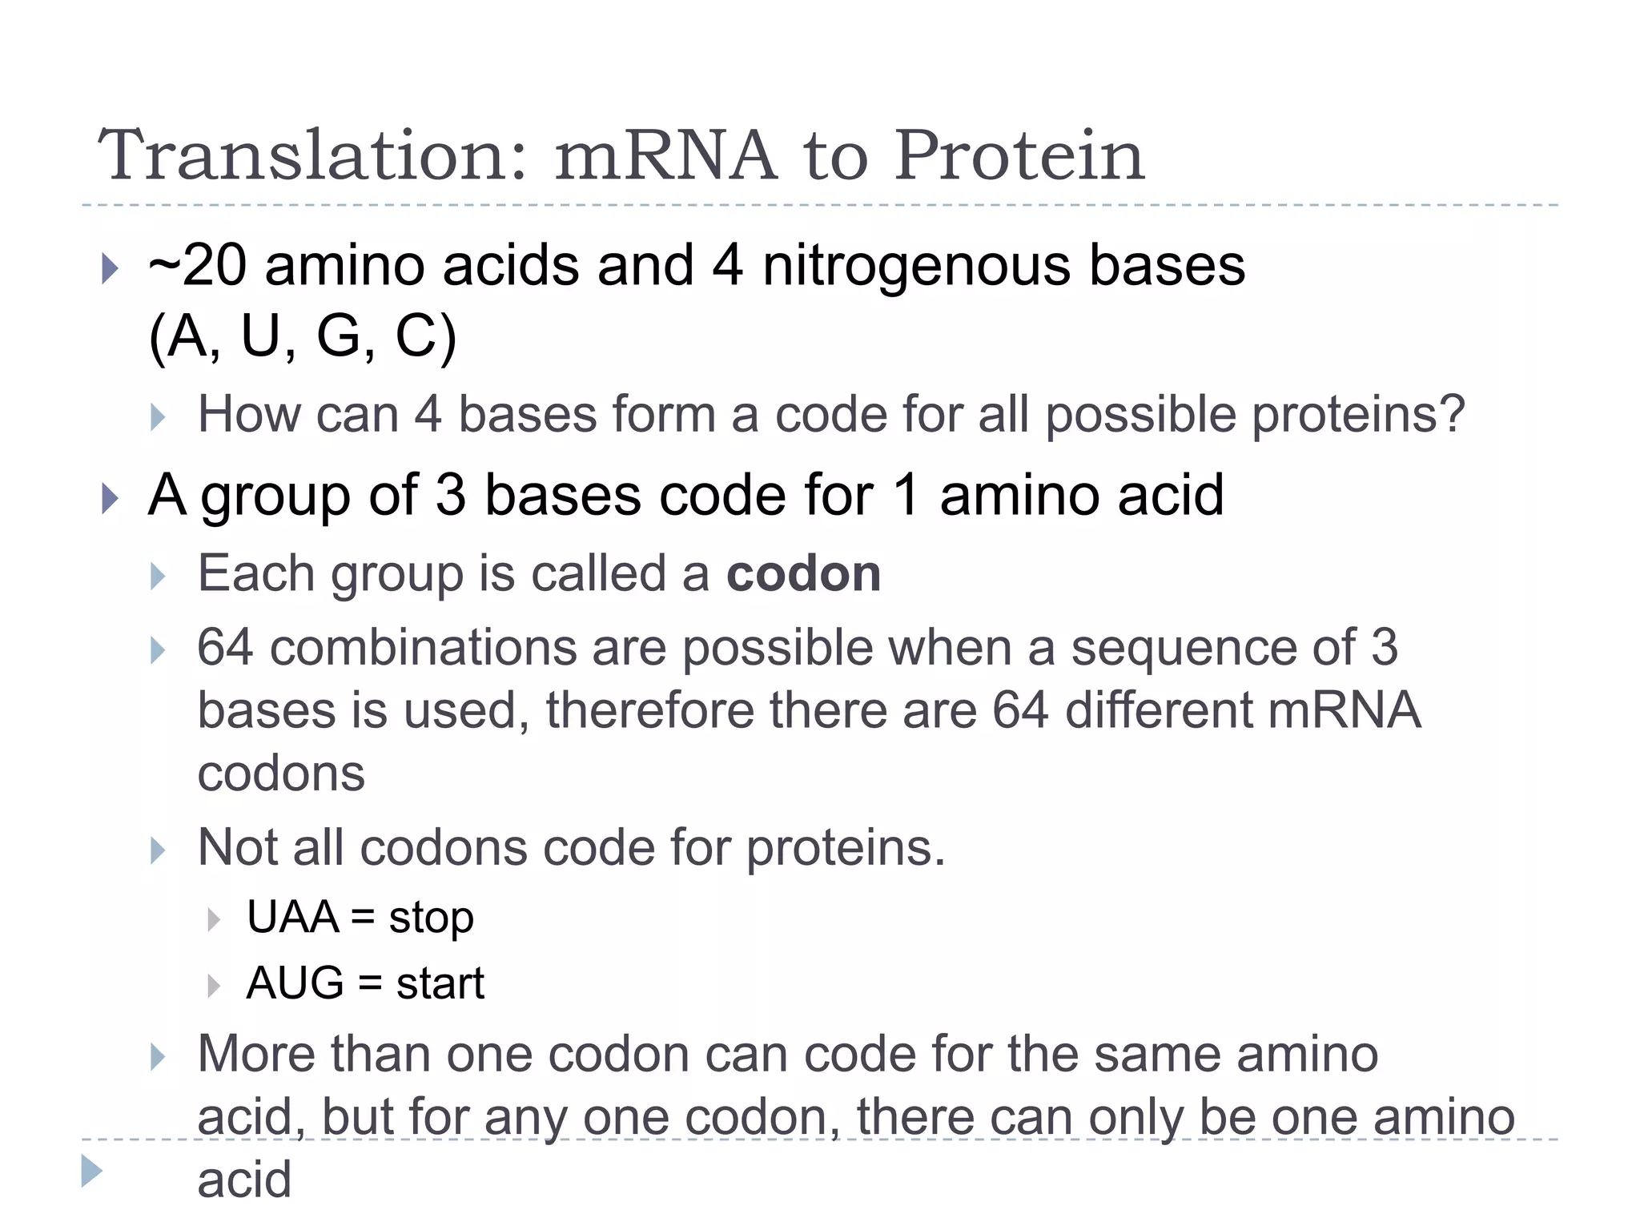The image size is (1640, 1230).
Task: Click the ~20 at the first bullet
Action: pos(197,266)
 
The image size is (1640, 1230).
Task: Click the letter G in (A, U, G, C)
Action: pos(339,336)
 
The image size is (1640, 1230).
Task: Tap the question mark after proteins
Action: pos(1452,415)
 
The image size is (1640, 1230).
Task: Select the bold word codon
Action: pos(803,574)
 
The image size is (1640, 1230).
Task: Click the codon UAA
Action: pos(292,917)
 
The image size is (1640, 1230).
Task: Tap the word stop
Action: pos(431,918)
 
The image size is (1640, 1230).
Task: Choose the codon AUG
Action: pos(295,983)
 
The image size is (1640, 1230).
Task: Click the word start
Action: pos(440,983)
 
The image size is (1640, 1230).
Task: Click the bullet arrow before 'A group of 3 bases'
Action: pos(111,498)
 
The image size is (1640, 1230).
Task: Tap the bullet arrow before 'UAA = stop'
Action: pos(213,919)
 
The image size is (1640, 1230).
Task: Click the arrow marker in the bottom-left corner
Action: pos(92,1172)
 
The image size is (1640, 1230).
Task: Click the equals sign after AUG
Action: pos(370,984)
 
